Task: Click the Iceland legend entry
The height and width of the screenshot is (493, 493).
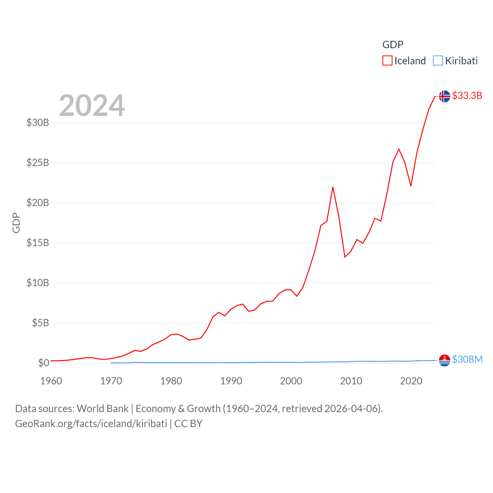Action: tap(404, 61)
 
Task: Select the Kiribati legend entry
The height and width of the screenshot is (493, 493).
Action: tap(456, 61)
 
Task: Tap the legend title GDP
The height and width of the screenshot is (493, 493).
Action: tap(392, 45)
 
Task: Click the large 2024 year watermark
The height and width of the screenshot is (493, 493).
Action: tap(92, 105)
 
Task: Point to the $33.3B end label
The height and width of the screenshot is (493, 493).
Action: tap(467, 96)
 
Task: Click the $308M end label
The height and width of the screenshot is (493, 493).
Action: tap(467, 359)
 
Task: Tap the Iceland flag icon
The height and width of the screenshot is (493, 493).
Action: tap(444, 96)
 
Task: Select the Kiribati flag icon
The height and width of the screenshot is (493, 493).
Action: tap(444, 360)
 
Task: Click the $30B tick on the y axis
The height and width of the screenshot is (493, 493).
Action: tap(38, 122)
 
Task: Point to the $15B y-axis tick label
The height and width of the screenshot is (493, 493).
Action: tap(38, 243)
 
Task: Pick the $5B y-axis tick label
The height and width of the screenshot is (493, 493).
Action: tap(40, 323)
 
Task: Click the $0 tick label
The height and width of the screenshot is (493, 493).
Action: tap(44, 363)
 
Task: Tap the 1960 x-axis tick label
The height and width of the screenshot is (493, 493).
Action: tap(51, 381)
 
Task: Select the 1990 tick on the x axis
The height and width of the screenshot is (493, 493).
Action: tap(231, 381)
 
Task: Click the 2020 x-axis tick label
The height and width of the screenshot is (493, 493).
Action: tap(411, 381)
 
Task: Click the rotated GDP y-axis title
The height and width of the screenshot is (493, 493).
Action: tap(16, 223)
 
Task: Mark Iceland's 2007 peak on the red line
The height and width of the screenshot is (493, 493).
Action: tap(333, 187)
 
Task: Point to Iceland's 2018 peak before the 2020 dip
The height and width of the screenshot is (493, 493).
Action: tap(399, 149)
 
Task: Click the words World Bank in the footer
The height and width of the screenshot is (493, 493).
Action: tap(102, 408)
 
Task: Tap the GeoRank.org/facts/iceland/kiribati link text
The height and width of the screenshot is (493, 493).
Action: tap(91, 424)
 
